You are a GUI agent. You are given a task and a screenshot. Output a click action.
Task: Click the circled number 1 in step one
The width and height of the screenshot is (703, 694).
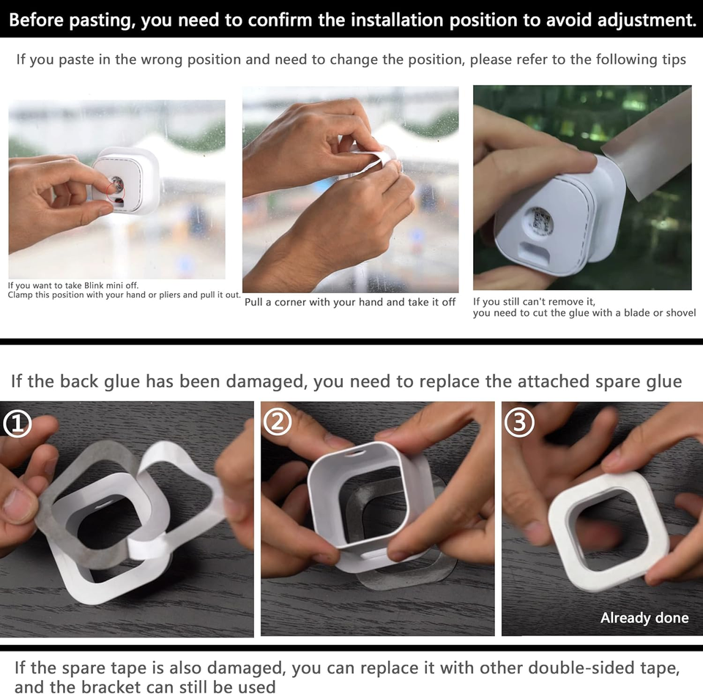click(x=18, y=424)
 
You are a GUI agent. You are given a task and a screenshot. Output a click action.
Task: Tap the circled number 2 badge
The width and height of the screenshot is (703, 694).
click(x=278, y=422)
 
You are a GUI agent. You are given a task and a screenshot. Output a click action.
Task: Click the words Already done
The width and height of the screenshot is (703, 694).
click(x=644, y=618)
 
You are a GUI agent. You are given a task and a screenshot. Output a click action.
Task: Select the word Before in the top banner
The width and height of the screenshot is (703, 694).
click(x=36, y=20)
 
